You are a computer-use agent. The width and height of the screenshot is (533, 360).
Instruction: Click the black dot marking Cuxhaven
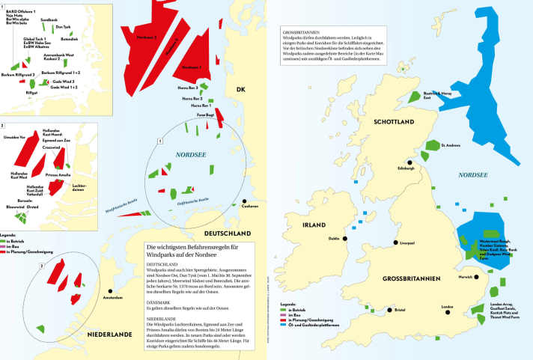pos(245,202)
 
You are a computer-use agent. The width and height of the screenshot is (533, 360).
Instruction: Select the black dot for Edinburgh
pos(409,161)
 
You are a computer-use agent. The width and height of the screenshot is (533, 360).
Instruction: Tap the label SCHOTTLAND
pos(384,120)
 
